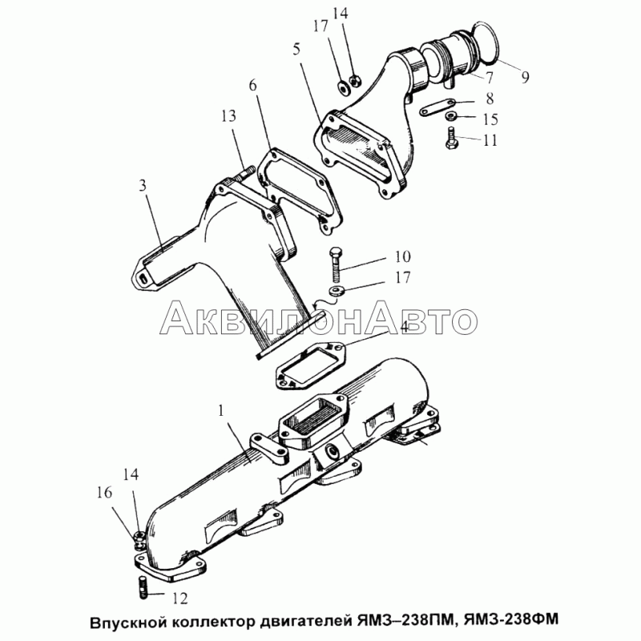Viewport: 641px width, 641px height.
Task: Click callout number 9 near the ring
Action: pos(525,76)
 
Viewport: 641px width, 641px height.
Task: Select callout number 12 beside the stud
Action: pos(179,599)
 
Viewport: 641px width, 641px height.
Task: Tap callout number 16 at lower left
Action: pos(105,493)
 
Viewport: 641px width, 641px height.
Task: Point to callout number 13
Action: pos(229,116)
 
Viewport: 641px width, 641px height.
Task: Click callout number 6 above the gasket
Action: pos(252,86)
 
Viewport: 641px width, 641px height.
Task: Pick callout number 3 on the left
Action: pos(143,185)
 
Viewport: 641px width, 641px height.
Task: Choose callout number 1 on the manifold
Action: pos(221,410)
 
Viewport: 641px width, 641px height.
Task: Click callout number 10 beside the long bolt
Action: pos(403,256)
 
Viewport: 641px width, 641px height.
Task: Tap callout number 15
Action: pos(490,119)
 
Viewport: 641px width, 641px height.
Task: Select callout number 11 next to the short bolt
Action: pos(490,140)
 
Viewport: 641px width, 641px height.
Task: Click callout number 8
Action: pos(490,99)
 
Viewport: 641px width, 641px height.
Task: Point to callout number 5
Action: pos(296,49)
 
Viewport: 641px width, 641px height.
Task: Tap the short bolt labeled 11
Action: pos(451,138)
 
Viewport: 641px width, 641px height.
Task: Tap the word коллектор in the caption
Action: pos(212,621)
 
